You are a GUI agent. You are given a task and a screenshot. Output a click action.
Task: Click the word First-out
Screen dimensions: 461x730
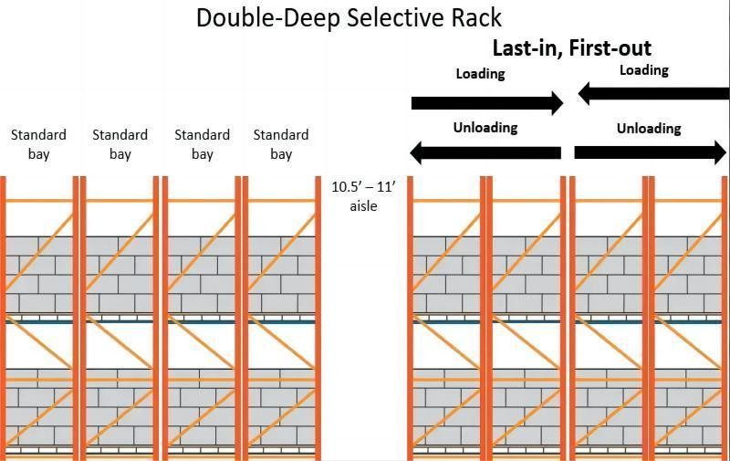click(610, 48)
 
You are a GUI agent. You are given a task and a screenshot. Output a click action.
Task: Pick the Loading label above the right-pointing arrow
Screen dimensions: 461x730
click(480, 74)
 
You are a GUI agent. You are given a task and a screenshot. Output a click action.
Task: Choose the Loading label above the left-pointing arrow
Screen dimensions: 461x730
click(644, 70)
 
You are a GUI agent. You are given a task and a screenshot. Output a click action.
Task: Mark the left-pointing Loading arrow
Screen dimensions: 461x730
click(653, 92)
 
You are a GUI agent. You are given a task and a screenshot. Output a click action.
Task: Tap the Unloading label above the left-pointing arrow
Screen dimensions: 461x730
click(485, 128)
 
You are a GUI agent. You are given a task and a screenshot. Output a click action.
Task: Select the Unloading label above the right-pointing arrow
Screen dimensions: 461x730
click(649, 129)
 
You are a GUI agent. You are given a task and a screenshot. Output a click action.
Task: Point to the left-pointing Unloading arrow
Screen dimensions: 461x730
click(485, 152)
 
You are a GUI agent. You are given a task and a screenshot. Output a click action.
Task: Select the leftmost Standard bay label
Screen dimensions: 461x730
click(38, 144)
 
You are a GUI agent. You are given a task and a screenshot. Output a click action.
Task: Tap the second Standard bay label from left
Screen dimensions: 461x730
click(120, 144)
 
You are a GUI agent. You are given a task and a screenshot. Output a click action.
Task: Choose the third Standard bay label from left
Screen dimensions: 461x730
click(203, 144)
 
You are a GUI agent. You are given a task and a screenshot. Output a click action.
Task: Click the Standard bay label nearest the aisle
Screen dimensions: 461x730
click(281, 144)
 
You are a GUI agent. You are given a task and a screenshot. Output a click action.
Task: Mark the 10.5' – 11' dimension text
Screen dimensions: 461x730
click(363, 187)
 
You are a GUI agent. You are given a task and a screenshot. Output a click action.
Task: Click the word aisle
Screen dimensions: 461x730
click(363, 206)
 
